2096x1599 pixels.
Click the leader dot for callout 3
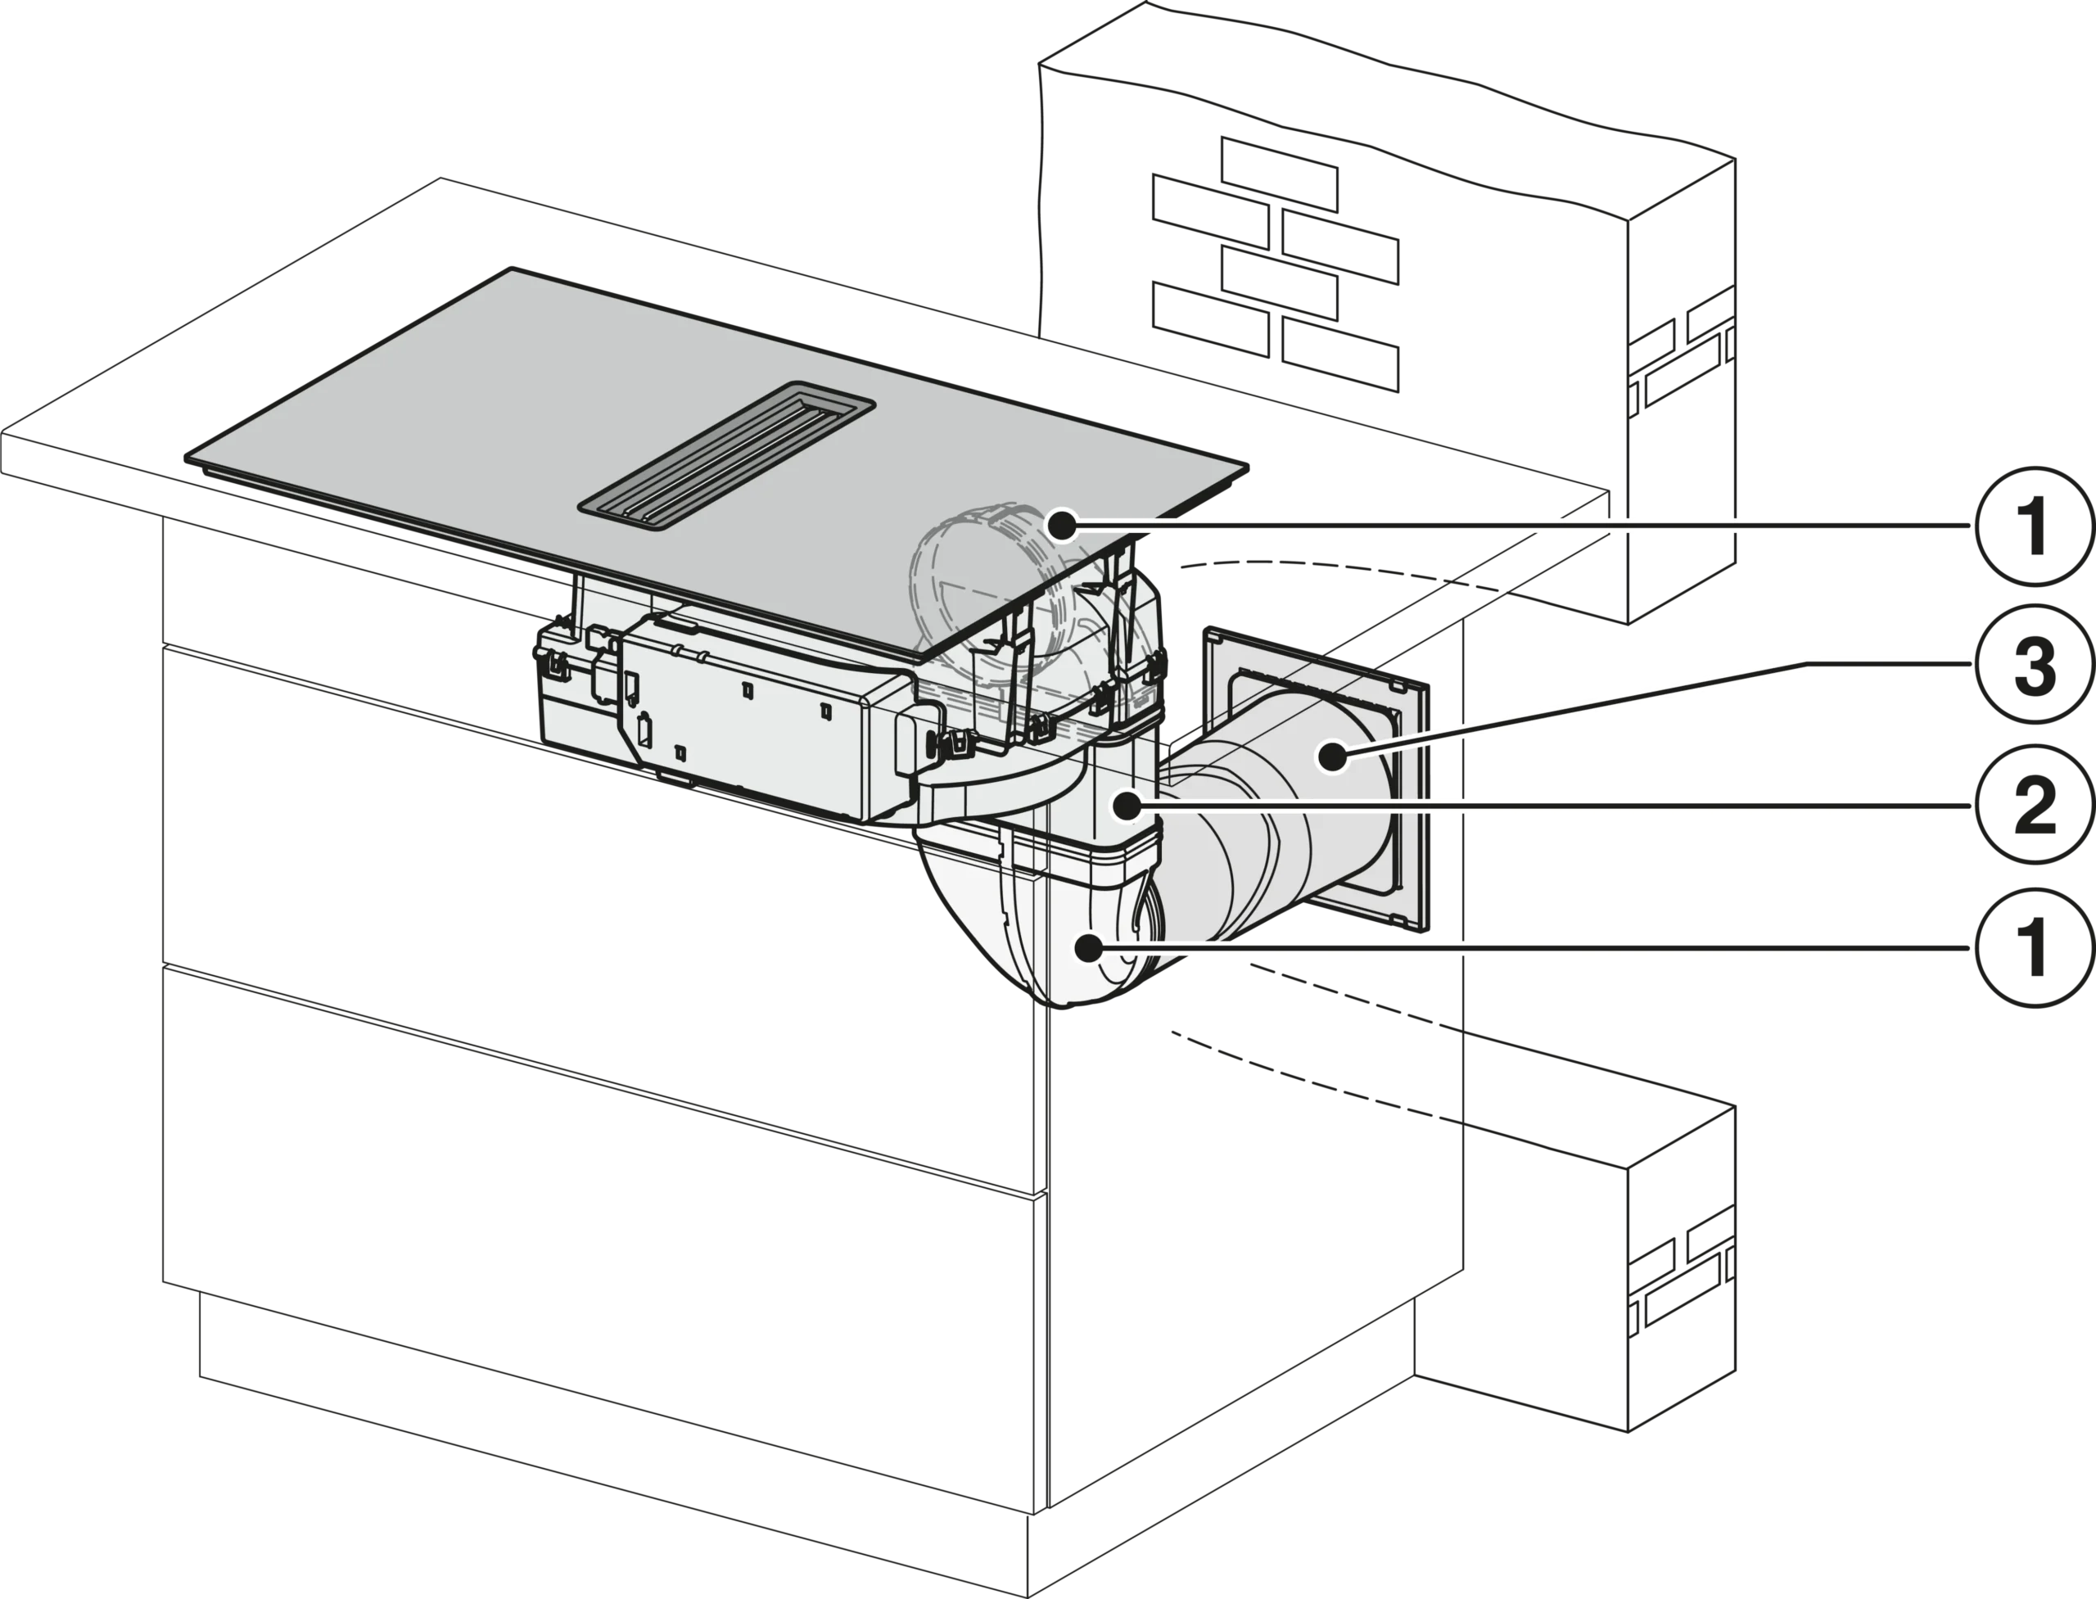point(1333,757)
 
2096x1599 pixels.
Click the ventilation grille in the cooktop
point(726,452)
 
